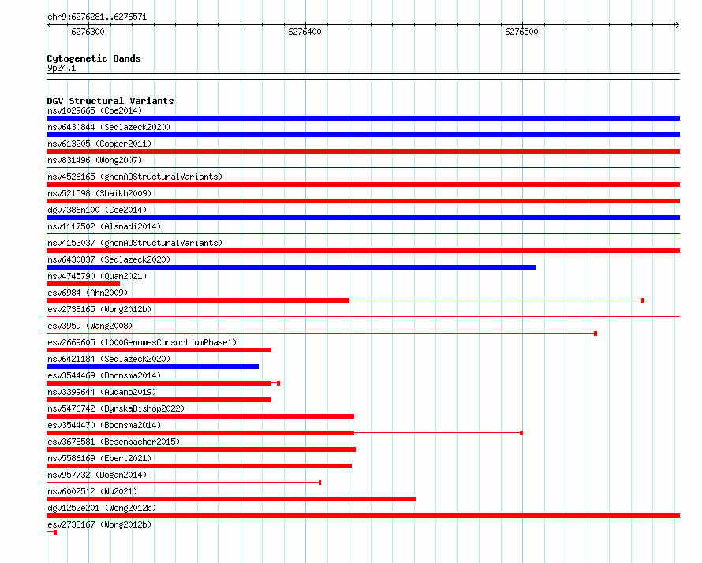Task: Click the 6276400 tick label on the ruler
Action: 304,32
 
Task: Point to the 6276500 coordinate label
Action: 521,32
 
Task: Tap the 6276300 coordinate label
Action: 88,32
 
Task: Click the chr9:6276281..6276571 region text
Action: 97,17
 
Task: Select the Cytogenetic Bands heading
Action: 94,58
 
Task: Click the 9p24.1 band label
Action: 62,68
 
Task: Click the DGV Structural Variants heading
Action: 110,101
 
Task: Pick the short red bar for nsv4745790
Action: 84,284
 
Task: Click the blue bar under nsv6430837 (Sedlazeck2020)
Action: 292,267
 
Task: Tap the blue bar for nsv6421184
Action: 153,367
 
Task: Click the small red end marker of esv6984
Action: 643,300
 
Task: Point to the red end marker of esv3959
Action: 596,334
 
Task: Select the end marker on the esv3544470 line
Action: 521,433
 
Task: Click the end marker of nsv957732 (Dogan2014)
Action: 319,483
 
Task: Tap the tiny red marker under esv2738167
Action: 55,532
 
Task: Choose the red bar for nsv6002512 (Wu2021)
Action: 231,499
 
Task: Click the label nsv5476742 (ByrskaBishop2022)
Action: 116,408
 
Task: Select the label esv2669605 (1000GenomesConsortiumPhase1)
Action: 142,342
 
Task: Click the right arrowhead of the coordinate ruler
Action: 678,24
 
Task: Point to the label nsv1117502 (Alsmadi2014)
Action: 104,226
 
